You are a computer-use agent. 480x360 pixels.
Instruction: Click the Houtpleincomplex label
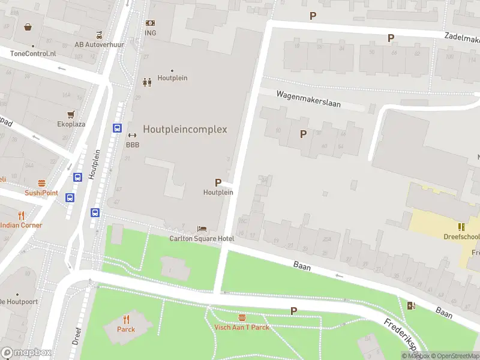[185, 129]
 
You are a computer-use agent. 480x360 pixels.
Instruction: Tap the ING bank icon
[150, 23]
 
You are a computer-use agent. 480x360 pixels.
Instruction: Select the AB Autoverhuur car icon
[100, 34]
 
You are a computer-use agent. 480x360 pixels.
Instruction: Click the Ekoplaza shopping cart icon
[71, 114]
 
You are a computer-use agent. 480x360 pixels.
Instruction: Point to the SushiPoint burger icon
[41, 183]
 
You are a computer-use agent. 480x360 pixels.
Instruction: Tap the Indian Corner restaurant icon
[22, 215]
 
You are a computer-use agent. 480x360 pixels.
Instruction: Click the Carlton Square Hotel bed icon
[202, 229]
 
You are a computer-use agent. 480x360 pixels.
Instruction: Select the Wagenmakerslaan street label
[308, 99]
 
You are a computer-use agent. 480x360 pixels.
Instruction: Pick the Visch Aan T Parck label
[242, 327]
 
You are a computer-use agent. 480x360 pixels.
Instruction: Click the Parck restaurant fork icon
[126, 319]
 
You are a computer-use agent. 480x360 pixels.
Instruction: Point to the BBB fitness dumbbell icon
[133, 135]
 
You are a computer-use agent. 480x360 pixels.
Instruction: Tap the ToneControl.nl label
[33, 53]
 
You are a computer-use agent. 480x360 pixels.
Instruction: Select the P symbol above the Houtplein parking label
[218, 182]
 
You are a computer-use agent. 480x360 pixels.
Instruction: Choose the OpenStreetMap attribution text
[455, 356]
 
